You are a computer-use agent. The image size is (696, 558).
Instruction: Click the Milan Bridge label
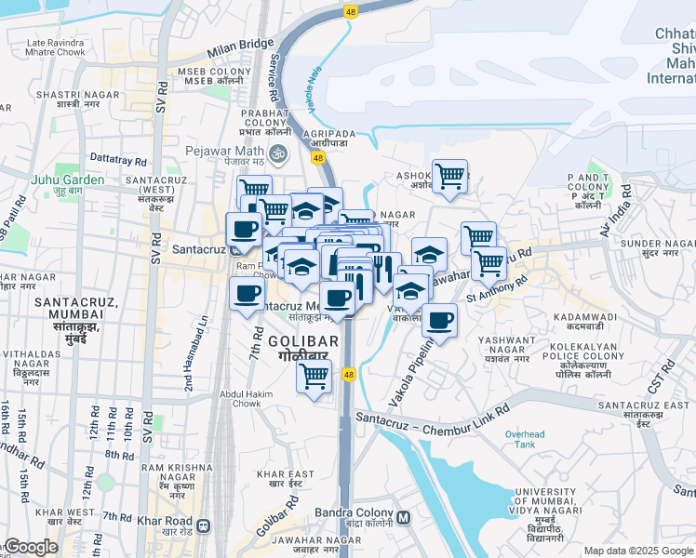(x=241, y=45)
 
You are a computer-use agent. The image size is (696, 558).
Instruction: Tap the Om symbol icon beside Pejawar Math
(x=276, y=152)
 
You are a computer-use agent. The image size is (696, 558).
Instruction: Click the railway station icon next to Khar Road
(x=204, y=522)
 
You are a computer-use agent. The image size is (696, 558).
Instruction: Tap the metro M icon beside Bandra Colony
(x=403, y=517)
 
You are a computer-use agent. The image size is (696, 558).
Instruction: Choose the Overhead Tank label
(x=525, y=439)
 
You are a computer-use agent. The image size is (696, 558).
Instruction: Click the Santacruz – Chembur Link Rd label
(x=434, y=416)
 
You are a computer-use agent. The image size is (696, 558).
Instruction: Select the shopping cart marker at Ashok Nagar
(x=449, y=175)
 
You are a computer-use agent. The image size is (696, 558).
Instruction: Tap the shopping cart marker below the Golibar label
(x=315, y=376)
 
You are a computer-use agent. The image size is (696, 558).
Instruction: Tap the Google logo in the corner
(x=32, y=547)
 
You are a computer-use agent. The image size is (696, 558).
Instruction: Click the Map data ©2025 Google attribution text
(x=636, y=551)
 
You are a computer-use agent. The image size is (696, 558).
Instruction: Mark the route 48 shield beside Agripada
(x=318, y=159)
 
